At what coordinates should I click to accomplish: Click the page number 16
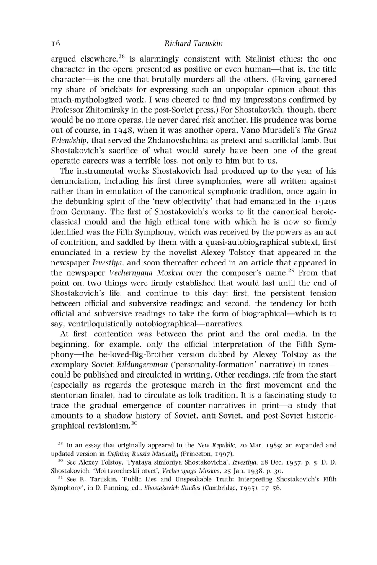(x=56, y=43)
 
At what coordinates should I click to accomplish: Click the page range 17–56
(x=268, y=488)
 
